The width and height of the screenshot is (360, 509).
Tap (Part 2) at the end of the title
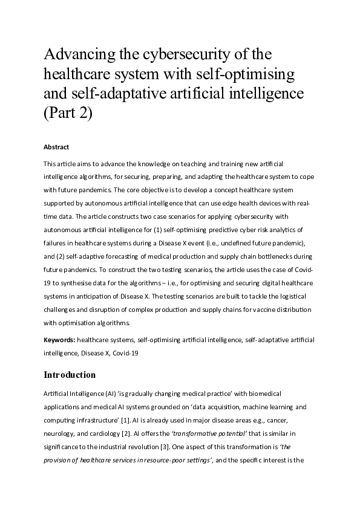click(x=68, y=113)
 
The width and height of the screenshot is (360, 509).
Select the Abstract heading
click(x=56, y=147)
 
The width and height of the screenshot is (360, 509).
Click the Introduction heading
click(x=70, y=375)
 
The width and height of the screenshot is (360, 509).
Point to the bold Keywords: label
click(x=59, y=341)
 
